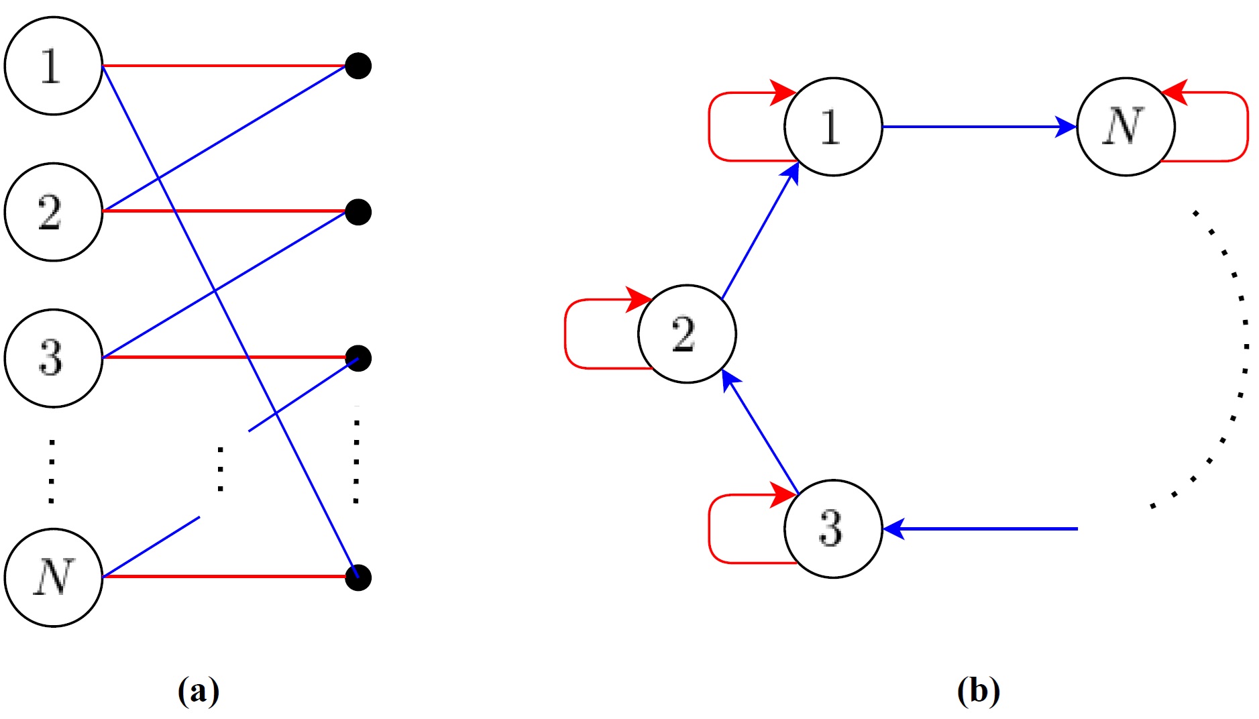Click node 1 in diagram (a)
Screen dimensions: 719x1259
[53, 66]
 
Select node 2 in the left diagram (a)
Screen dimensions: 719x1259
[53, 212]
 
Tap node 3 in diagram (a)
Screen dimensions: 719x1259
[53, 357]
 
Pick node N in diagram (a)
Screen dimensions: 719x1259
[53, 577]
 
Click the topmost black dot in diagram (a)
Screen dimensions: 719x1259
[358, 66]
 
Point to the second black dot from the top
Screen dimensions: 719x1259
[358, 212]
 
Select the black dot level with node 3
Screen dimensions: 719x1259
[358, 358]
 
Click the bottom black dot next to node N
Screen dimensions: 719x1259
[358, 577]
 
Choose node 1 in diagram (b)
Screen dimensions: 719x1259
[832, 127]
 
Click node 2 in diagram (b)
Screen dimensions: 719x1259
[687, 333]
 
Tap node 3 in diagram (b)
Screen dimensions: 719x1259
[832, 529]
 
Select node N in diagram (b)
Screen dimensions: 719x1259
[1125, 127]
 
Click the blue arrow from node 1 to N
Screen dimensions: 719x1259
[979, 127]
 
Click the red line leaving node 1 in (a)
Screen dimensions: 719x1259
[225, 66]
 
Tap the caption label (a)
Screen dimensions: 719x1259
[199, 691]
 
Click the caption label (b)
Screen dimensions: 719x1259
[979, 691]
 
